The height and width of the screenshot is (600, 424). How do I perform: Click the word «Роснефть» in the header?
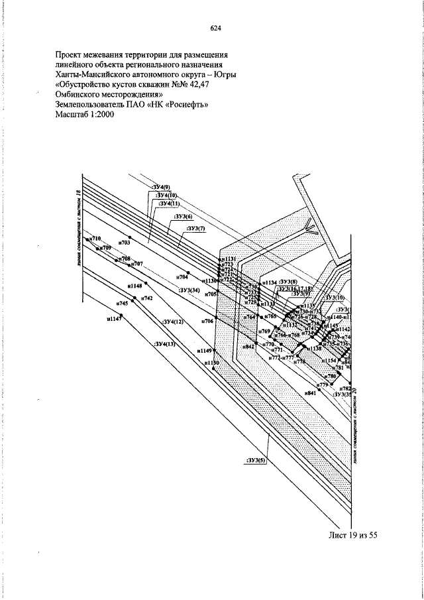[186, 104]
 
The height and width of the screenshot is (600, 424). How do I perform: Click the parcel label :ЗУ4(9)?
[162, 188]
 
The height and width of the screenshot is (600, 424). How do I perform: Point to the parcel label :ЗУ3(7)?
[197, 229]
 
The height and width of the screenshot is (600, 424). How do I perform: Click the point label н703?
[125, 243]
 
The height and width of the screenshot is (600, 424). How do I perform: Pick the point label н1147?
[114, 319]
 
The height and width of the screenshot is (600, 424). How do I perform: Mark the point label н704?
[182, 277]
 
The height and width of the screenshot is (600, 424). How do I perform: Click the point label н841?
[309, 394]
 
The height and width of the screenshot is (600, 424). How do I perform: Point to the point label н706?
[207, 321]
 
